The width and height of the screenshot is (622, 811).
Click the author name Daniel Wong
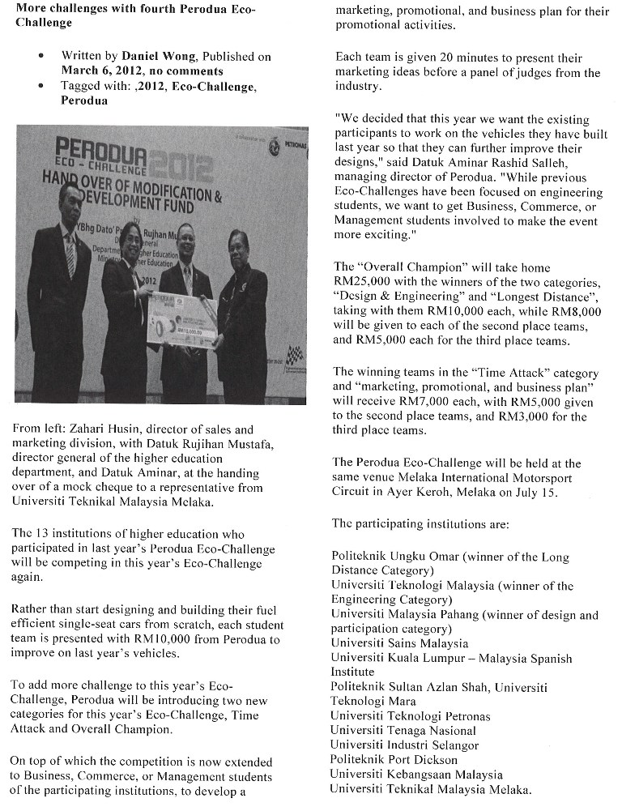pos(158,57)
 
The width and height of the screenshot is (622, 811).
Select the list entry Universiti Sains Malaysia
pos(399,644)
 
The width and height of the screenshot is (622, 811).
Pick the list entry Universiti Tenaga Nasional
pos(403,731)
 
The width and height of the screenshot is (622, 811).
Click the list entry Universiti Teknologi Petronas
pos(410,716)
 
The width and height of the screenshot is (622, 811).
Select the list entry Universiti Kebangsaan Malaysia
pos(415,775)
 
